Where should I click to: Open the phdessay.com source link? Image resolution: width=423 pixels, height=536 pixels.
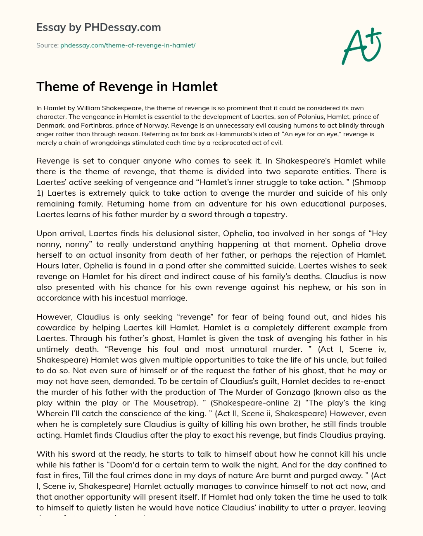128,45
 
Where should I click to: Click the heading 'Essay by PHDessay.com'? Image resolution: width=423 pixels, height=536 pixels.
98,28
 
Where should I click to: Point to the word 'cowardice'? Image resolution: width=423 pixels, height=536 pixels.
56,327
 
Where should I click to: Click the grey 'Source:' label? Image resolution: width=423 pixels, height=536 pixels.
48,45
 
